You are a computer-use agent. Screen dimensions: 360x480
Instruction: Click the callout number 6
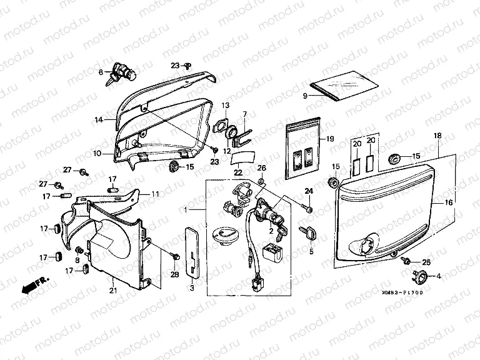click(x=101, y=72)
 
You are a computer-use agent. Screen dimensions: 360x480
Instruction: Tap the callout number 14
click(x=98, y=118)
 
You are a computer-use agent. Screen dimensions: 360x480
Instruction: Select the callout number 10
click(x=98, y=152)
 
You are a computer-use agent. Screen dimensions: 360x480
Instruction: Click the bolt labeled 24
click(x=307, y=206)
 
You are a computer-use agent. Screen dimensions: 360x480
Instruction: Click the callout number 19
click(x=331, y=139)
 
